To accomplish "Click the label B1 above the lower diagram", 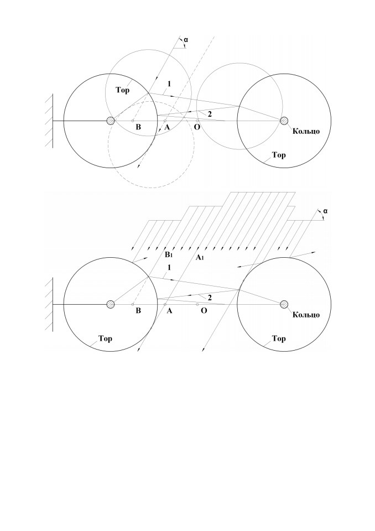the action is point(169,254).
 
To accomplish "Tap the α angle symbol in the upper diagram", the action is point(186,40).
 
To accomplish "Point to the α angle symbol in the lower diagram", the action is point(325,211).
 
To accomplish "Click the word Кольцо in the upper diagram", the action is point(306,131).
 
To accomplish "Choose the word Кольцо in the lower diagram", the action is point(306,315).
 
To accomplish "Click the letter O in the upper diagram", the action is point(197,127).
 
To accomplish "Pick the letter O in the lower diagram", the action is point(204,310).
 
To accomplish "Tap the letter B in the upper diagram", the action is point(138,127).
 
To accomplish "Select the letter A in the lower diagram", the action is point(169,310).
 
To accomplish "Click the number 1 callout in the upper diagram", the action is point(169,84).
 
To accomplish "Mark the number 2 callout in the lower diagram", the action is point(210,298).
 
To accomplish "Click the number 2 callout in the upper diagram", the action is point(210,114).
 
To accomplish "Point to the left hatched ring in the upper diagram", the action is point(111,121).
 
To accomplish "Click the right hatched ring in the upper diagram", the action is point(284,121).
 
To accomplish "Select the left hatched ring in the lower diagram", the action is point(111,304).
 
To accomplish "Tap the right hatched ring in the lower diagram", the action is point(284,304).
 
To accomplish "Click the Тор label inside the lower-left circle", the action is point(105,339).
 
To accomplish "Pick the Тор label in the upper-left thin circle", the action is point(122,90).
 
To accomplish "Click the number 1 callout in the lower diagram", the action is point(169,268).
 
